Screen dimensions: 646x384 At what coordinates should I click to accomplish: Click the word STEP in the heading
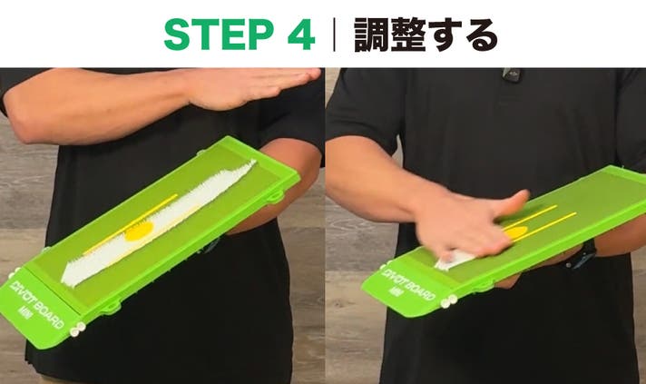[219, 34]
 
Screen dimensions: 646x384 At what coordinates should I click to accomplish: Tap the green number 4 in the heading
[301, 34]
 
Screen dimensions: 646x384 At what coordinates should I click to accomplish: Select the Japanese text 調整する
[426, 34]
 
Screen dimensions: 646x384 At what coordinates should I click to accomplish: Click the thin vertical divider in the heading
[334, 34]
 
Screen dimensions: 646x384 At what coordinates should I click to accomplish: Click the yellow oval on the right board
[515, 233]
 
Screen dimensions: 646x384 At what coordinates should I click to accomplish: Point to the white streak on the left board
[159, 223]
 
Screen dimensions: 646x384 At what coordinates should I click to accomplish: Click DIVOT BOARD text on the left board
[36, 304]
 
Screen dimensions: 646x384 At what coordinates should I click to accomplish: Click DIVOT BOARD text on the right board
[408, 285]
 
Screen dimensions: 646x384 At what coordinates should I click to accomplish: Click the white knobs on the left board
[77, 330]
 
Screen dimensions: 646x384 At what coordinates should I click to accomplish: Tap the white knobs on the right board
[448, 301]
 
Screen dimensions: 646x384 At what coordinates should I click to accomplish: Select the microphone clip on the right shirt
[512, 74]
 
